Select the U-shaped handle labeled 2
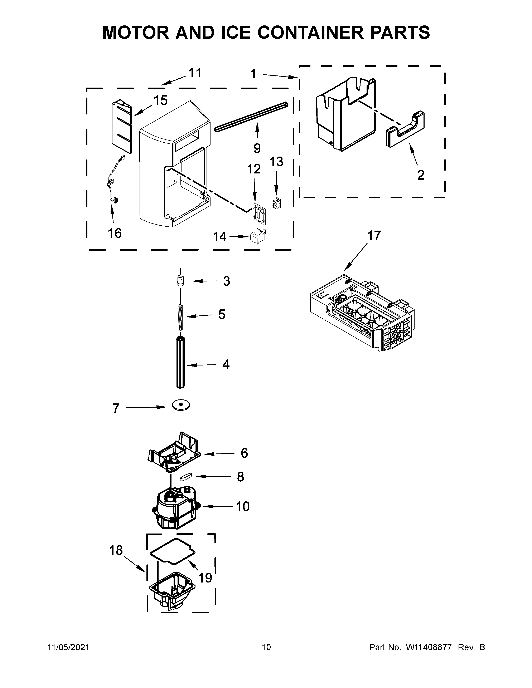tap(405, 130)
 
